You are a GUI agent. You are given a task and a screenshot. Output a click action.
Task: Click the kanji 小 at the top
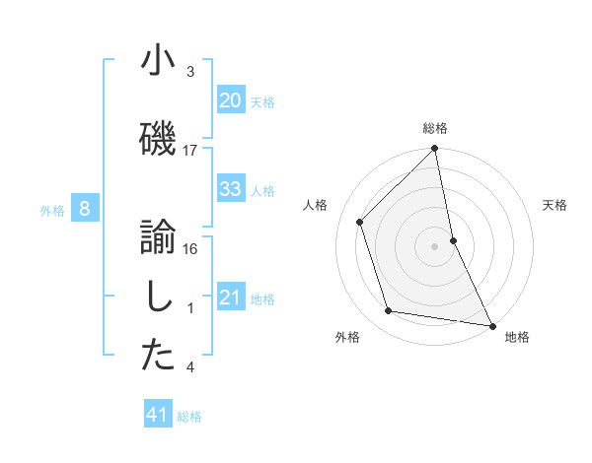[158, 61]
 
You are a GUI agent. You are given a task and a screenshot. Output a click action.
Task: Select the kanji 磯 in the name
[158, 139]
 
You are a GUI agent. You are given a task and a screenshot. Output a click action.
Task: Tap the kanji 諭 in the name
[158, 237]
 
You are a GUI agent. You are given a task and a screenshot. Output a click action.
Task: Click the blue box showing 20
[230, 99]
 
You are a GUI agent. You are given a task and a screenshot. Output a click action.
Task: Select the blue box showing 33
[230, 188]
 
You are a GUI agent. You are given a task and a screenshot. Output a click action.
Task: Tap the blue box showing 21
[230, 298]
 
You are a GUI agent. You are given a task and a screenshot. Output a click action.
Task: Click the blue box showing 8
[85, 208]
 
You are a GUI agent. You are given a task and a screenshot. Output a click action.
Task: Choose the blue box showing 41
[158, 415]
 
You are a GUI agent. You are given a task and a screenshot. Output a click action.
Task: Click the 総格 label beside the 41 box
[189, 417]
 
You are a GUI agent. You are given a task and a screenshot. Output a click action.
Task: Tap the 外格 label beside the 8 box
[51, 210]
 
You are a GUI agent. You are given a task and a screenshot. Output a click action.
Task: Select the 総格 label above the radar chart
[435, 129]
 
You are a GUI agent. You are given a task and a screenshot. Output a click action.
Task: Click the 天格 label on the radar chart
[555, 205]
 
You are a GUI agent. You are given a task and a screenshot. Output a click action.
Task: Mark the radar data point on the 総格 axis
[435, 150]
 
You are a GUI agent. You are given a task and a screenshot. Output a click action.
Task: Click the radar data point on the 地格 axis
[491, 325]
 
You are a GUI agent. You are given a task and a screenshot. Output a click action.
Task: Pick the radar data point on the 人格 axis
[360, 222]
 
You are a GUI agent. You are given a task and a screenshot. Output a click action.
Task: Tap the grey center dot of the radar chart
[435, 245]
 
